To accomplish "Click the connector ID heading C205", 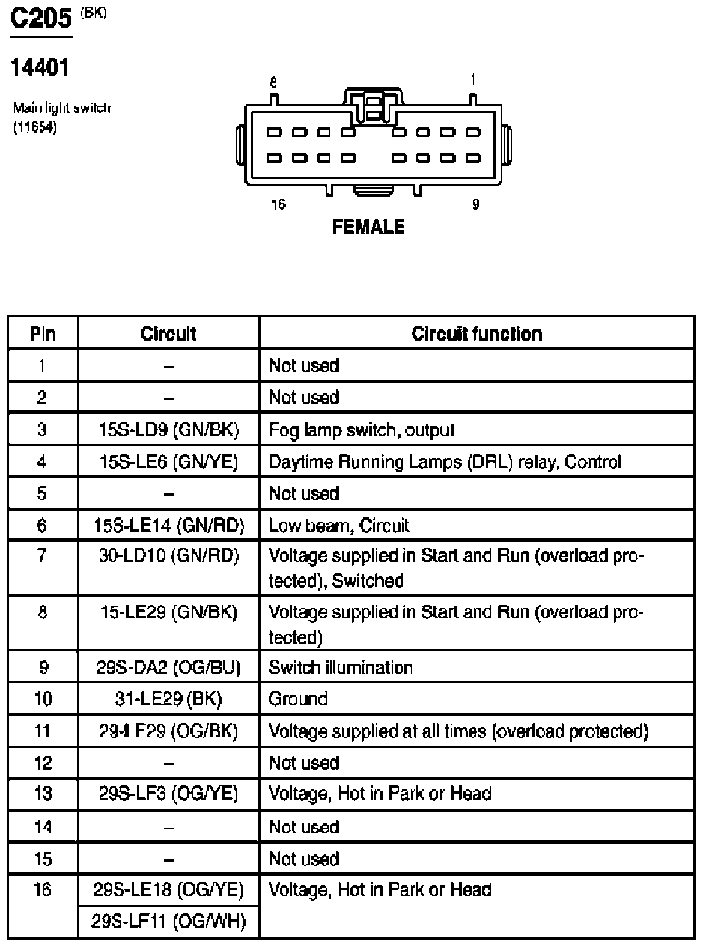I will click(40, 20).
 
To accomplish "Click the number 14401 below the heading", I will click(40, 69).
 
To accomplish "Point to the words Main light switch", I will click(61, 108).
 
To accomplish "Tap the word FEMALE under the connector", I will click(368, 227).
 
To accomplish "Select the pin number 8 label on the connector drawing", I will click(273, 82).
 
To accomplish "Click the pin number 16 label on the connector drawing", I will click(278, 204).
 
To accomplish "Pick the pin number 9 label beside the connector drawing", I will click(475, 204).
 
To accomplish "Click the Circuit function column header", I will click(476, 334).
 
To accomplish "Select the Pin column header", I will click(43, 334).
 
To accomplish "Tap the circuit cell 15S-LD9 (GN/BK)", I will click(168, 430).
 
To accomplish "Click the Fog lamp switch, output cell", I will click(362, 430).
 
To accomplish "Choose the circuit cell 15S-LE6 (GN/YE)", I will click(168, 463).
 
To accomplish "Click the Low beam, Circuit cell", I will click(339, 526).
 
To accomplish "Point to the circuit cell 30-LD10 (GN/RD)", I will click(168, 557).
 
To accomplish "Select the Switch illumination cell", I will click(341, 667).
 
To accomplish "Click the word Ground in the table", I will click(298, 699).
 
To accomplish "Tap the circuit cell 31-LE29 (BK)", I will click(168, 699).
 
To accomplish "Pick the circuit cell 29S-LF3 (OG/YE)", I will click(168, 794).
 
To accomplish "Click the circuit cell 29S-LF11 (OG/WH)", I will click(168, 921).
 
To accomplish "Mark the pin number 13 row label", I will click(43, 794).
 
